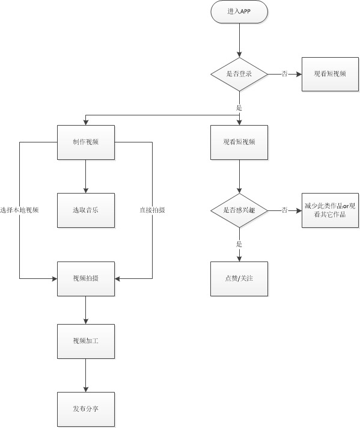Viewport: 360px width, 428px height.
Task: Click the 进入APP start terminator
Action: [x=239, y=12]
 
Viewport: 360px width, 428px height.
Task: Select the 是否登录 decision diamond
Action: [x=239, y=73]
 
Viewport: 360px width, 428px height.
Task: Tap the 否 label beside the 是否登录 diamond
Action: [x=284, y=73]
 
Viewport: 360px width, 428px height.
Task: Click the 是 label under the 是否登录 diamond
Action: [x=239, y=108]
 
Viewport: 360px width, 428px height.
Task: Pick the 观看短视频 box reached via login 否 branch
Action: [x=330, y=73]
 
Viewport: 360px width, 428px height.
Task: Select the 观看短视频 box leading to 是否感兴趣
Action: [x=239, y=142]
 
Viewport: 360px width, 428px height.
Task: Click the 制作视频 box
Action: [x=86, y=142]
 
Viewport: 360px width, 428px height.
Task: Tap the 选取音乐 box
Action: [x=86, y=210]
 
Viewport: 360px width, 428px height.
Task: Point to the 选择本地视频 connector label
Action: [x=20, y=210]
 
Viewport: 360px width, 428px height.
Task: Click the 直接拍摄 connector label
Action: [x=152, y=210]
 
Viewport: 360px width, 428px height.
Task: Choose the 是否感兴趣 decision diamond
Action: [x=239, y=210]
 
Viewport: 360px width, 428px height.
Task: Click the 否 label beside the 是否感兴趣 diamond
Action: [x=284, y=210]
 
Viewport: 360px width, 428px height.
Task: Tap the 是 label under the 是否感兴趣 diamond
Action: [x=239, y=245]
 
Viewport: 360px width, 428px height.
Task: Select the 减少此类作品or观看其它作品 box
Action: [x=330, y=210]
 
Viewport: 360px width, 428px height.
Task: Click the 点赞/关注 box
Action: [x=239, y=279]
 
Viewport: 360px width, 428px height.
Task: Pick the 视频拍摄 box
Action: [x=86, y=279]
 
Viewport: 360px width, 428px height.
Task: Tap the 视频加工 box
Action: [x=86, y=341]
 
